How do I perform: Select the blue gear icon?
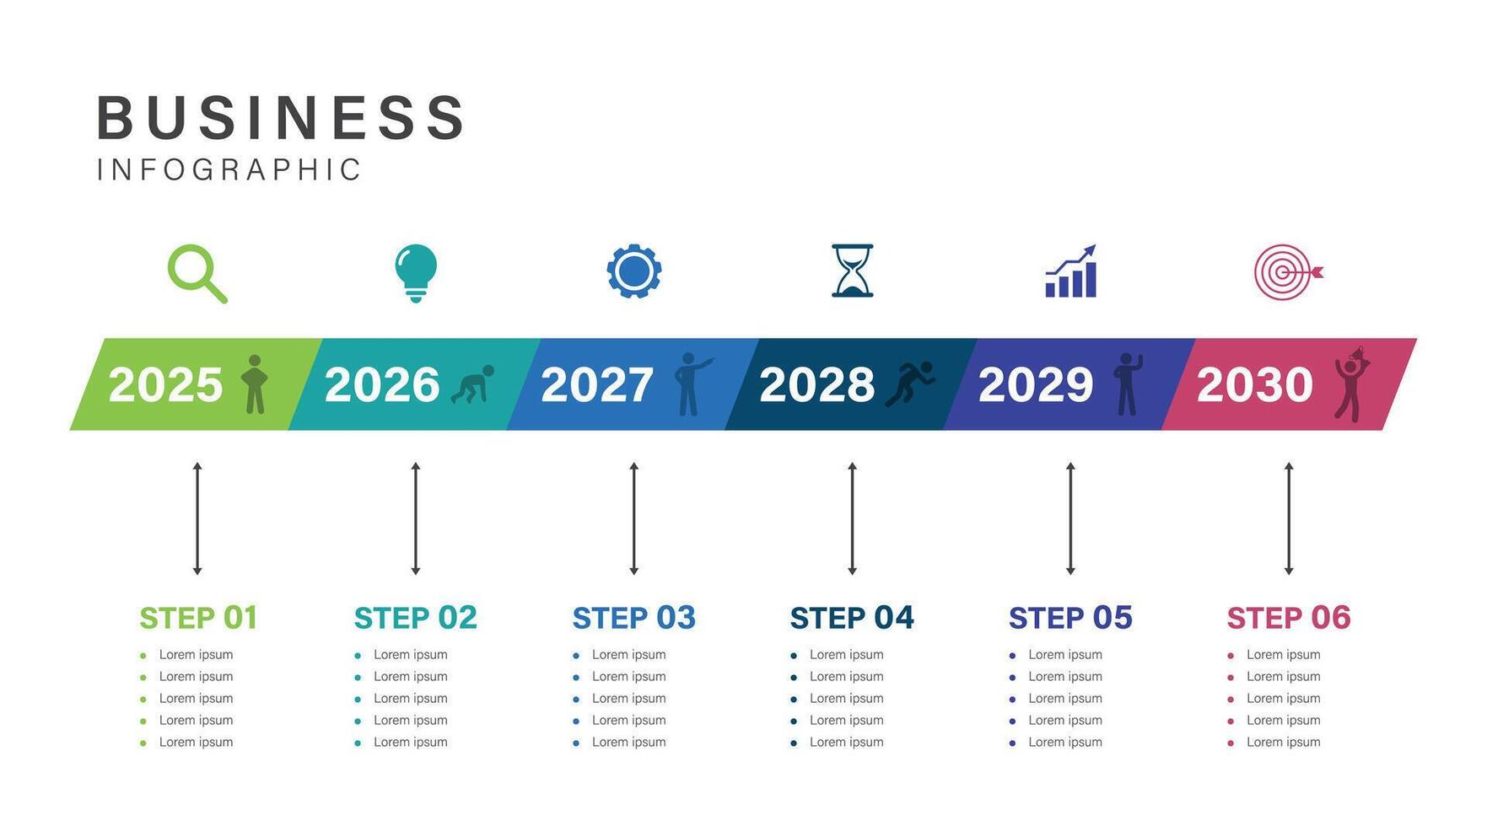coord(634,271)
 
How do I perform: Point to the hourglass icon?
coord(852,271)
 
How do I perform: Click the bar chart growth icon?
coord(1071,271)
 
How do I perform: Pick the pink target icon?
coord(1288,271)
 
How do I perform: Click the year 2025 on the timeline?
coord(165,384)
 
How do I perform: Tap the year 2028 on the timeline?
coord(816,384)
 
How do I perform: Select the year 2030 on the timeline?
coord(1255,384)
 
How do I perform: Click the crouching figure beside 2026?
coord(472,384)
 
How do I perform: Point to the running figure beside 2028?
coord(910,384)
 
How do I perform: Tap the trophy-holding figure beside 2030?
coord(1352,383)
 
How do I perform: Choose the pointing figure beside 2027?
coord(693,384)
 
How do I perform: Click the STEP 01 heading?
coord(198,618)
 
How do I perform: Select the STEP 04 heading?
coord(852,618)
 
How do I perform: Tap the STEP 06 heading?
coord(1289,618)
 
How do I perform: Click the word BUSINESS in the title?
coord(281,117)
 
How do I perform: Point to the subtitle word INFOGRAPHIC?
coord(229,169)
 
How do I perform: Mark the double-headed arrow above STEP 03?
coord(634,518)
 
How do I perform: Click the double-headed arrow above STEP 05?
coord(1070,518)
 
